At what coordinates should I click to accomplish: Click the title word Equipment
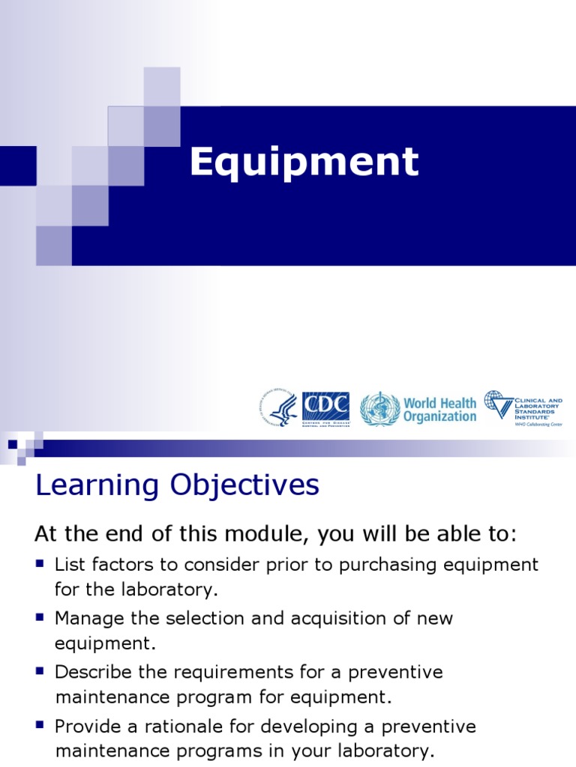(304, 163)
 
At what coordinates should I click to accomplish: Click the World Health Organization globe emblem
(379, 409)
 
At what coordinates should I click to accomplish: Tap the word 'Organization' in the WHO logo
(439, 416)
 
